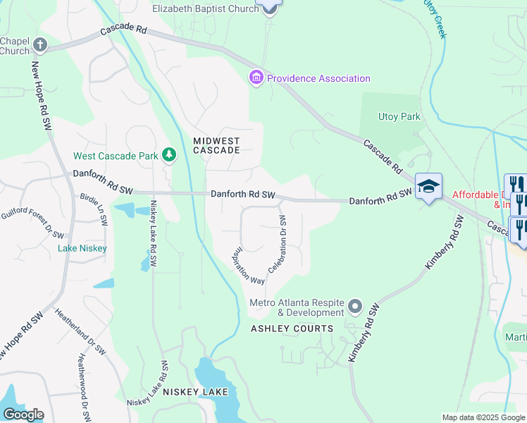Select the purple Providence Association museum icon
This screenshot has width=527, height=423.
coord(256,78)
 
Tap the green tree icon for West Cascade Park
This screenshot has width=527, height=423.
coord(168,154)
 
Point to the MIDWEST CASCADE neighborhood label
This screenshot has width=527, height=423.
coord(217,145)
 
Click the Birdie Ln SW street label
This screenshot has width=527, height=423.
coord(94,209)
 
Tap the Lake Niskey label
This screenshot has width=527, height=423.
coord(83,248)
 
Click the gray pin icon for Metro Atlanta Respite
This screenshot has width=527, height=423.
coord(355,307)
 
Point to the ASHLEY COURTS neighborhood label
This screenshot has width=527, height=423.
coord(292,329)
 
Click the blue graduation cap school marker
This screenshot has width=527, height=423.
coord(428,187)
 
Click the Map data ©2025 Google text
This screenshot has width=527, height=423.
coord(483,417)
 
